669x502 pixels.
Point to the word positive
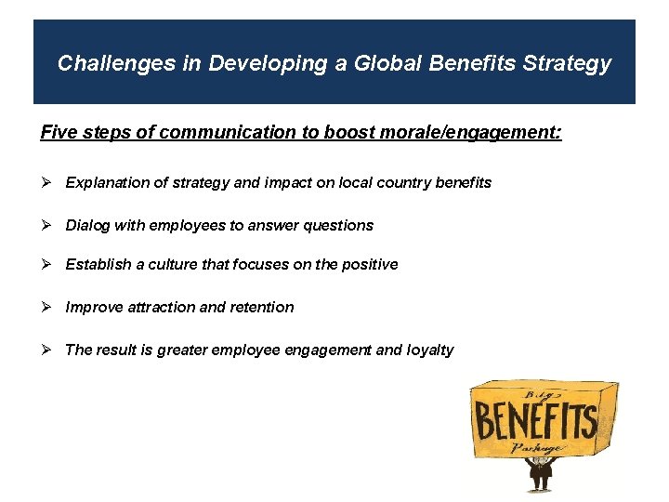370,264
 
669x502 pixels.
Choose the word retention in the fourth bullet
263,307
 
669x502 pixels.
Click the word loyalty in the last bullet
429,350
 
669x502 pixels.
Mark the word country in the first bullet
369,182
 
